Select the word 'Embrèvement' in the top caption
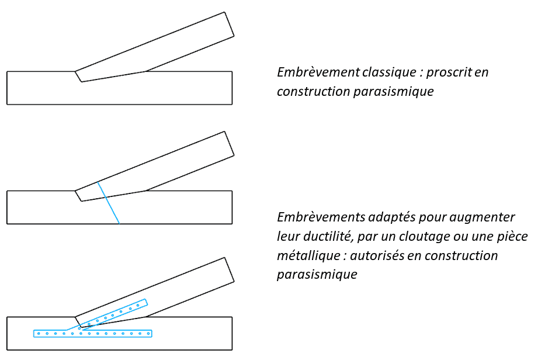tap(318, 72)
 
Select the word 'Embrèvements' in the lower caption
tap(321, 217)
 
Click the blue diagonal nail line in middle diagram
tap(109, 203)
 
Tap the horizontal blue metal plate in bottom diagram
tap(93, 333)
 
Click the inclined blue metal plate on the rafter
tap(113, 314)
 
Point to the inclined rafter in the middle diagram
tap(155, 167)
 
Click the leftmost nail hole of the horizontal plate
tap(39, 334)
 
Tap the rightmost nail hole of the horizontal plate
tap(148, 334)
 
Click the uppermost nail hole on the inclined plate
tap(138, 304)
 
